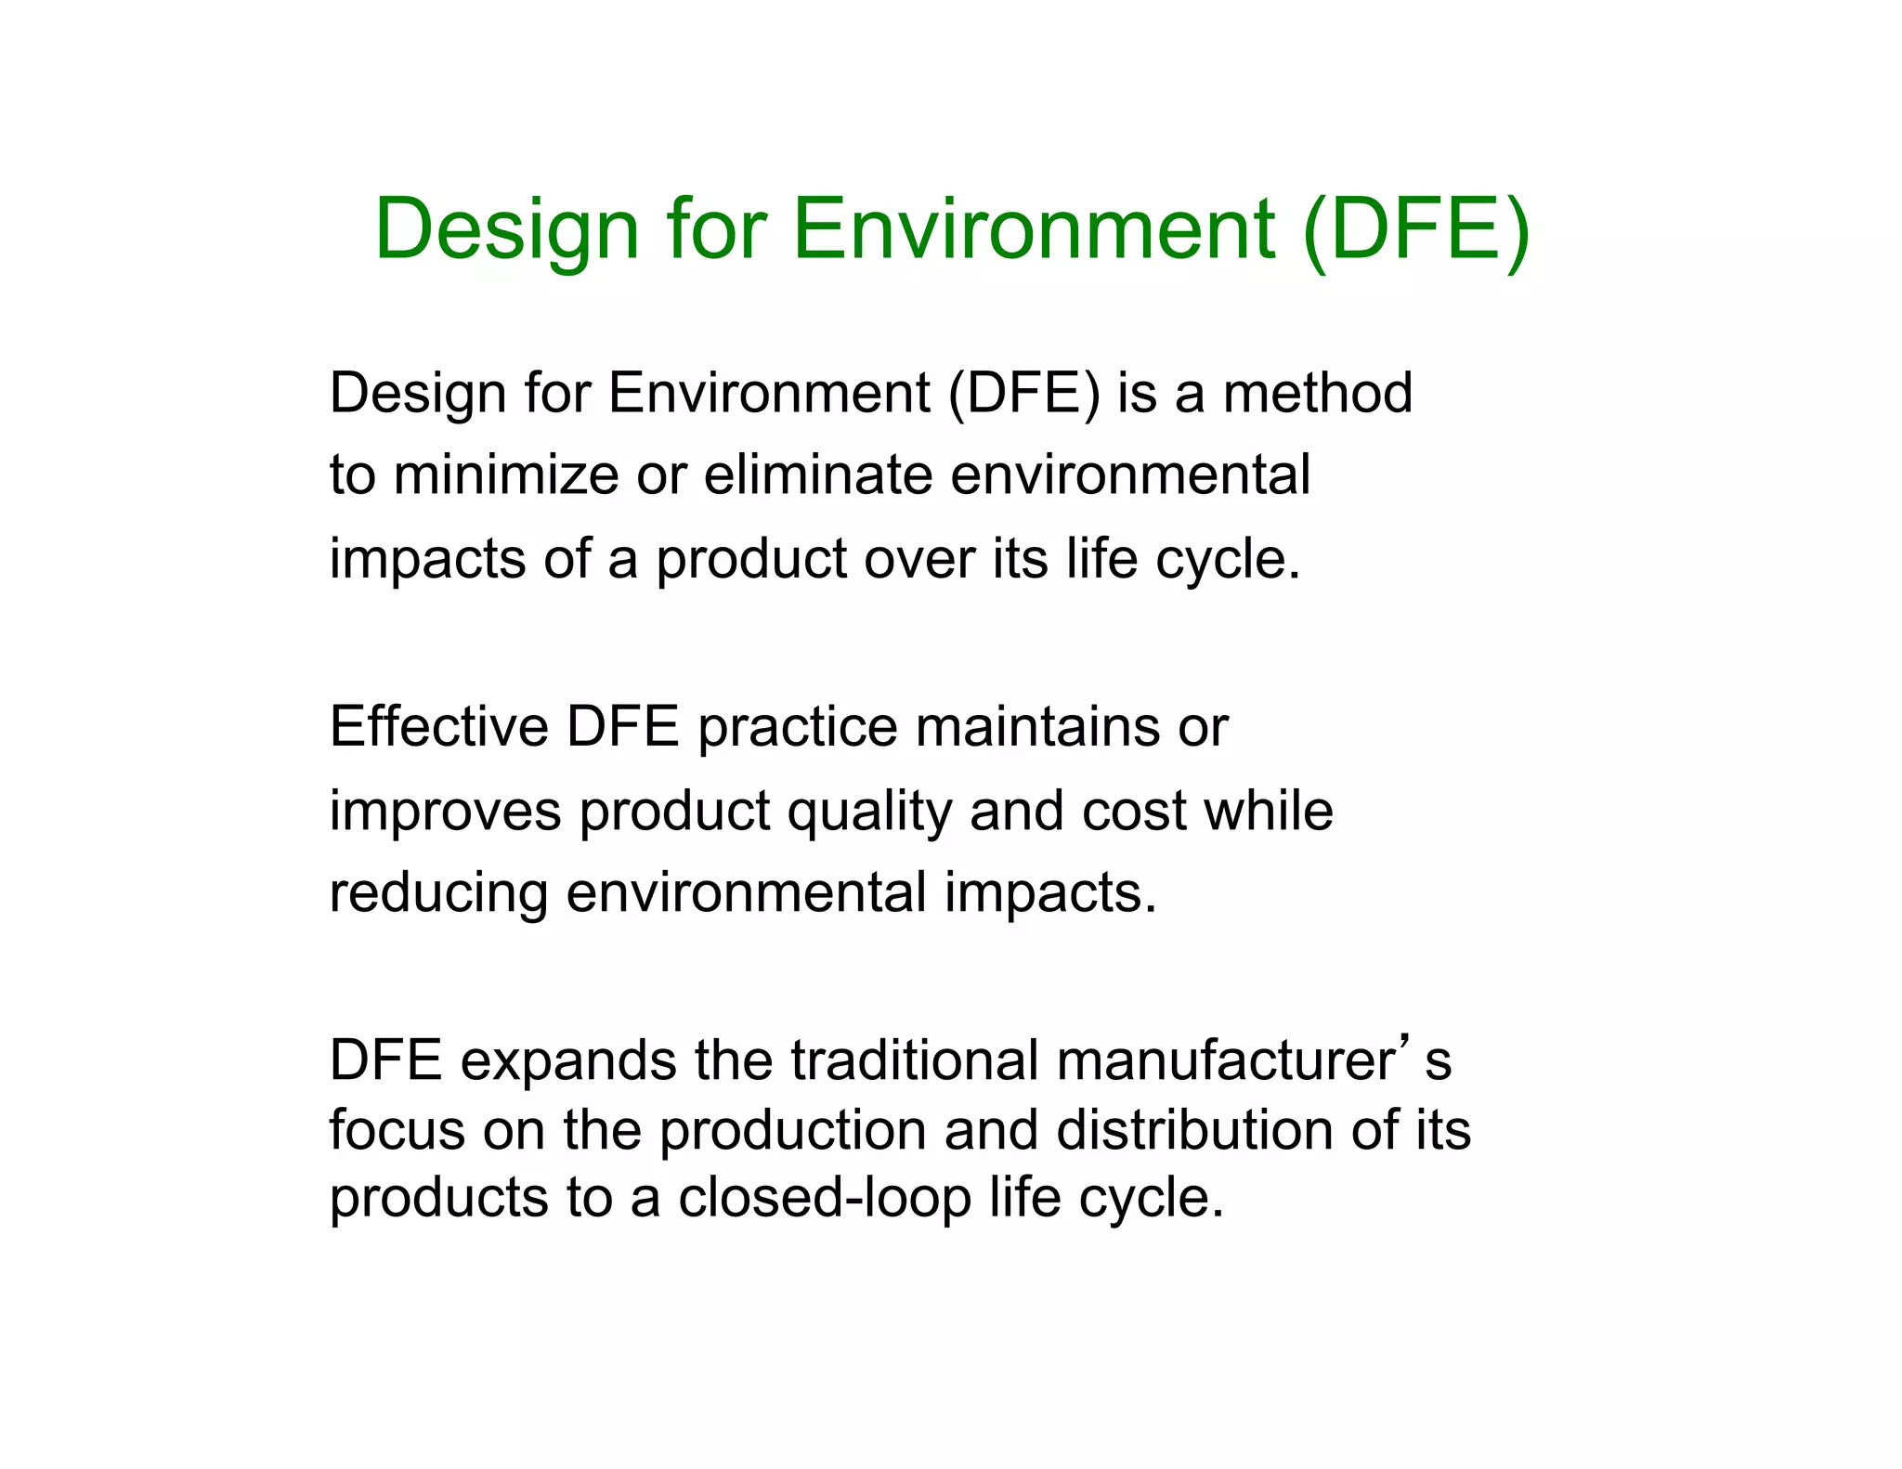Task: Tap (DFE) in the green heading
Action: [x=1415, y=230]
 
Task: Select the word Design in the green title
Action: [x=507, y=230]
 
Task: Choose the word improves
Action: [x=446, y=811]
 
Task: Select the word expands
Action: [x=568, y=1061]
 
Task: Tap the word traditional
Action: [x=915, y=1060]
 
